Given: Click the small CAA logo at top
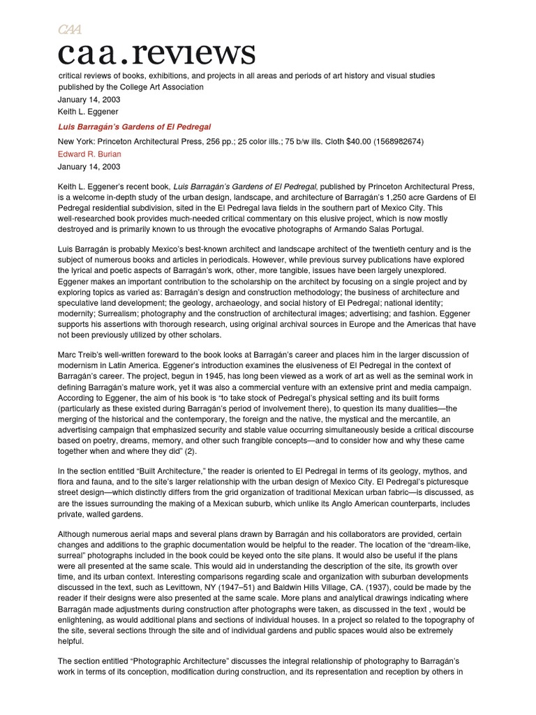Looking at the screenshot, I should point(70,29).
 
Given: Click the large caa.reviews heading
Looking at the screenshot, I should point(156,53).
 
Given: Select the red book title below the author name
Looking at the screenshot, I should point(134,126).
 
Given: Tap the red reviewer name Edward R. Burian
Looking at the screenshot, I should point(89,154).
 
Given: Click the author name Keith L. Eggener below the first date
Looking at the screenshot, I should point(88,111).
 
